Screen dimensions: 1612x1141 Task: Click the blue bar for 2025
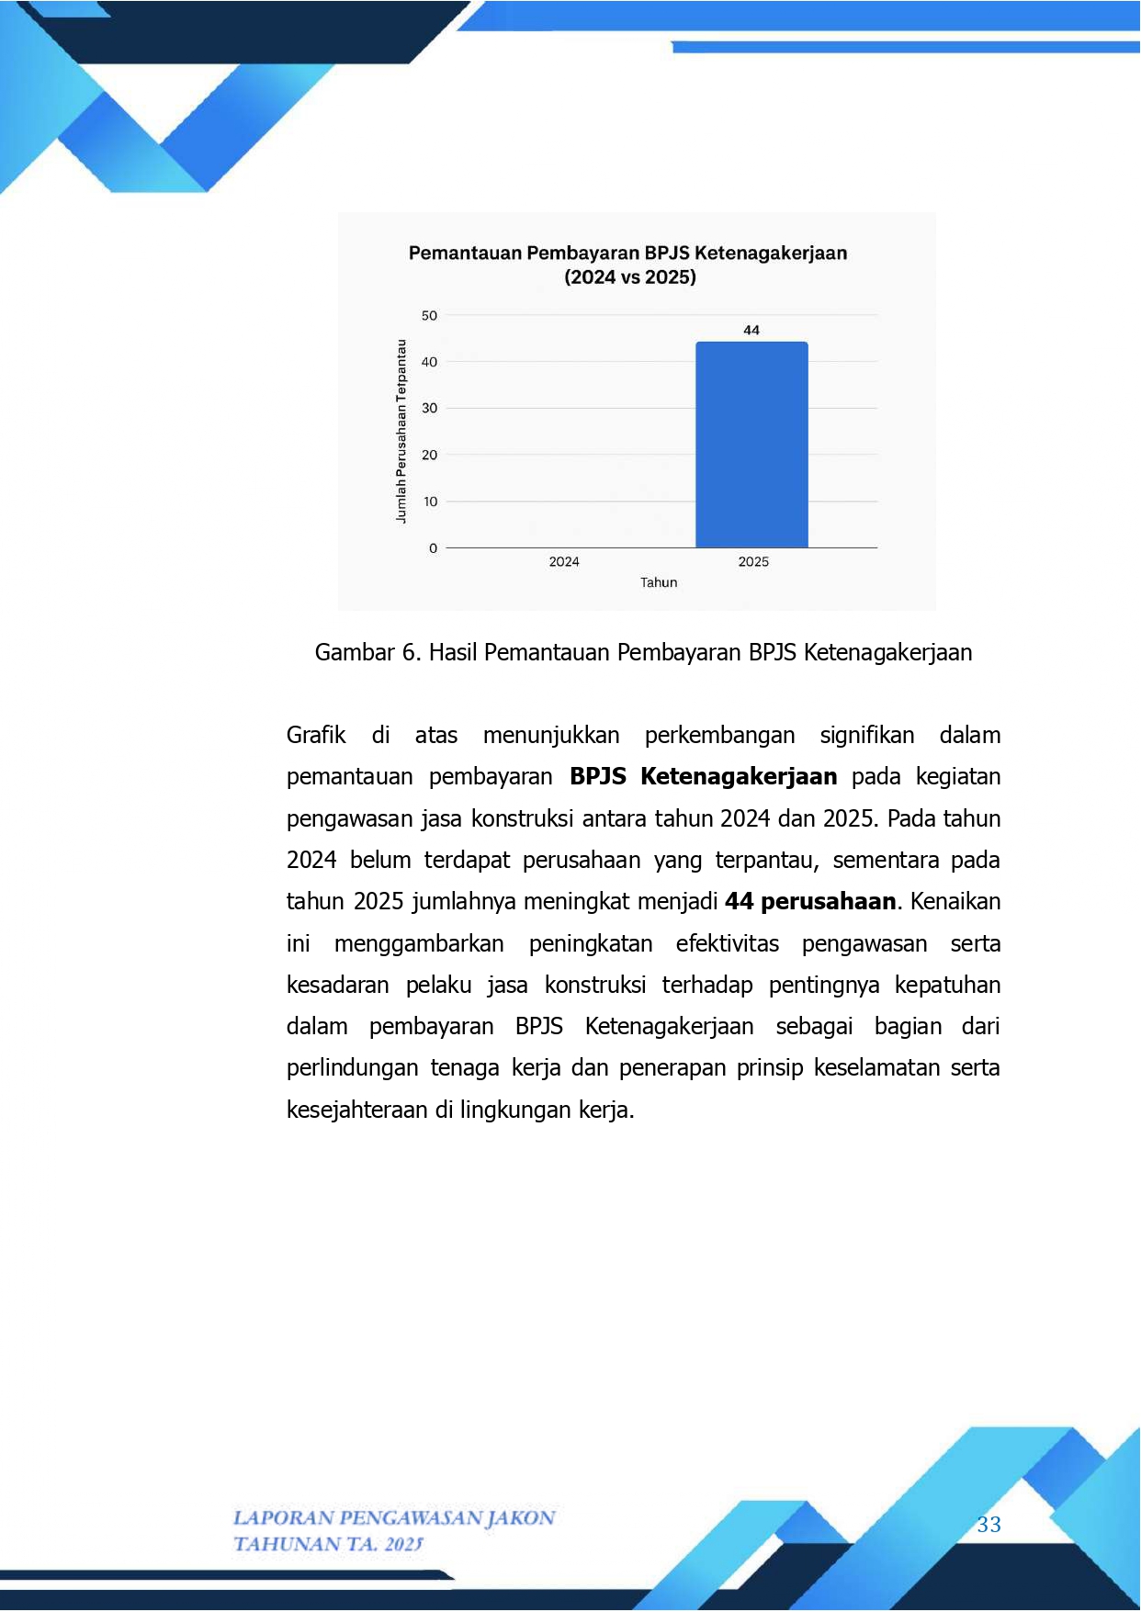(751, 445)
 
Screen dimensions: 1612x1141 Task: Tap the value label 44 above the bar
(751, 330)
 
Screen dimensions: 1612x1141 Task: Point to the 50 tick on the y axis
(429, 316)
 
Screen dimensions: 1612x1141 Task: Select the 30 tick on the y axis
(429, 409)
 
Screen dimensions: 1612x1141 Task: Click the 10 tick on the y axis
(430, 502)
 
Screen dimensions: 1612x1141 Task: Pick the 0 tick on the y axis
(433, 548)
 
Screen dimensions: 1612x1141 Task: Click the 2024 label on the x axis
(564, 562)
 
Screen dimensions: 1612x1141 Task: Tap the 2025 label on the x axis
(753, 562)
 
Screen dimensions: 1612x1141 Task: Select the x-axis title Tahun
(659, 582)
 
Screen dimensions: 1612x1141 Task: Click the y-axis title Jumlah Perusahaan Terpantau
(401, 432)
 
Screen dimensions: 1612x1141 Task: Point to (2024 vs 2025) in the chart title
(630, 277)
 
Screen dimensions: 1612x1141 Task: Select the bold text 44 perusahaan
(810, 901)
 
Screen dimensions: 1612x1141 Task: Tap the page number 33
(988, 1525)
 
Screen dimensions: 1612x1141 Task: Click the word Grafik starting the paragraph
(316, 735)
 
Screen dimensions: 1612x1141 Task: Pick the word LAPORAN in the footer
(282, 1517)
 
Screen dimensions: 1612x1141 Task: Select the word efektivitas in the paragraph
(727, 943)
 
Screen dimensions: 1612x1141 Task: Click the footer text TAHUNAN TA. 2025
(328, 1544)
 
